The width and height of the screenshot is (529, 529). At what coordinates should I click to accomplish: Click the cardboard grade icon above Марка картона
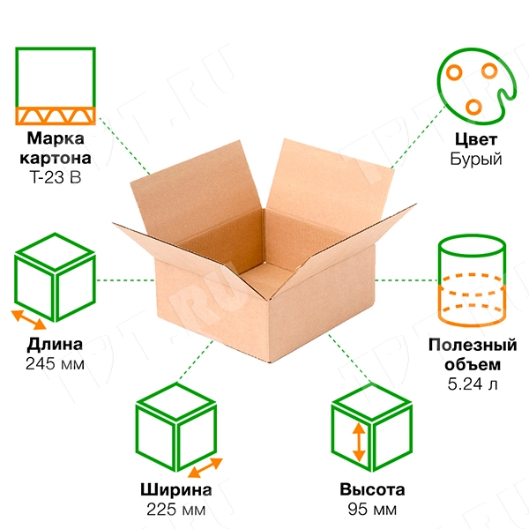click(56, 85)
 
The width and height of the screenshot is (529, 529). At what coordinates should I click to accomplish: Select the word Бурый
click(476, 160)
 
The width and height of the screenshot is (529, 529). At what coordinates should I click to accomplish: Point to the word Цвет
click(476, 140)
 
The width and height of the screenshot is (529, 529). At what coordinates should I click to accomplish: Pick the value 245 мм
click(56, 363)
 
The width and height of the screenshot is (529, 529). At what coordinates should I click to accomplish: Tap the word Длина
click(56, 344)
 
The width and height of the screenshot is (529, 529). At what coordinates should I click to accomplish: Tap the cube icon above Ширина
click(176, 428)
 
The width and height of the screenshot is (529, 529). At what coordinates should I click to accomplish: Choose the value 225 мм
click(175, 510)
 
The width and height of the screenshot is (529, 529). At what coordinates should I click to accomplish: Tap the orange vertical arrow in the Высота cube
click(359, 443)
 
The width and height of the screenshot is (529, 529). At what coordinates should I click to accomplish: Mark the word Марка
click(56, 139)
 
